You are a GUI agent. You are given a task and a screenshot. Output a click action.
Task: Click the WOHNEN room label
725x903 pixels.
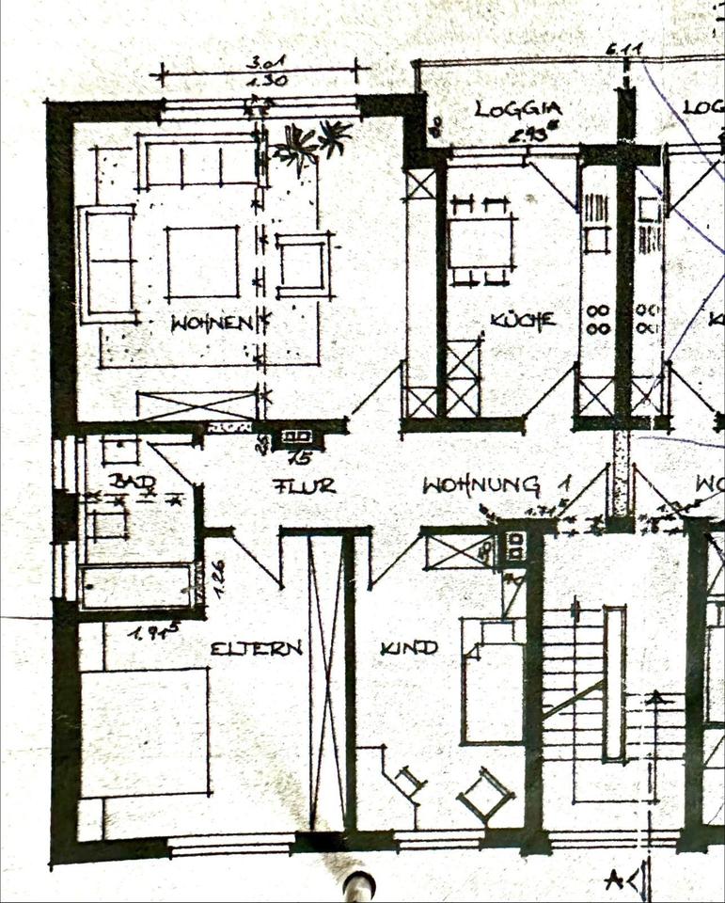tap(213, 324)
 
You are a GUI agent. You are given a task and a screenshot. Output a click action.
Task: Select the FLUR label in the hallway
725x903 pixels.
tap(304, 486)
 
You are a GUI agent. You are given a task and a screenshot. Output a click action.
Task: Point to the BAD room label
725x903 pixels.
tap(132, 481)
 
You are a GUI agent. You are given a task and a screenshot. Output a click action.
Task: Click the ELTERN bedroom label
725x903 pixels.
tap(256, 648)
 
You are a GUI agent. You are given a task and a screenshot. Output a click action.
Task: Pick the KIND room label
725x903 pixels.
tap(409, 647)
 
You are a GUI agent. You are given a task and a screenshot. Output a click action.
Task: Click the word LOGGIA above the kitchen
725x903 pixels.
tap(513, 108)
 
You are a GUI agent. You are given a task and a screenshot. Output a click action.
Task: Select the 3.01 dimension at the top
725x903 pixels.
tap(266, 63)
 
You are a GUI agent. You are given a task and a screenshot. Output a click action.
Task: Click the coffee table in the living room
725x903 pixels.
tap(202, 261)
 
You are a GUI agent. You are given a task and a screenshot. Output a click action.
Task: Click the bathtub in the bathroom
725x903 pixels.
tap(137, 585)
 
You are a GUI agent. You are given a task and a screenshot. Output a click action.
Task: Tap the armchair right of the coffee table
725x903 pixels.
tap(303, 264)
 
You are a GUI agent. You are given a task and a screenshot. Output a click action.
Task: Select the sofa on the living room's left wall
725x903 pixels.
tap(108, 264)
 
